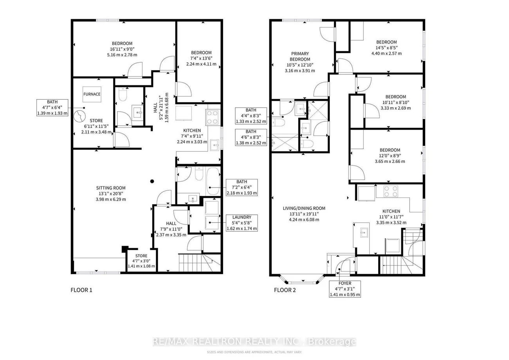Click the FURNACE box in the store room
click(x=92, y=94)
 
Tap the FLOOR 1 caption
click(x=81, y=290)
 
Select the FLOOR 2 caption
click(x=285, y=290)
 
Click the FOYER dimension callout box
click(x=345, y=289)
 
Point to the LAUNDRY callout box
click(x=242, y=223)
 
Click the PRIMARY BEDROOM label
click(x=300, y=56)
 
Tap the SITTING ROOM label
click(x=111, y=188)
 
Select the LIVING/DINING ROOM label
click(x=304, y=208)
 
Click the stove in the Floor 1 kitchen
click(x=213, y=117)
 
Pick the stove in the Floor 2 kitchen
click(x=391, y=191)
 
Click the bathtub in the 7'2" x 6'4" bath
click(x=213, y=181)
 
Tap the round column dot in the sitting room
click(x=152, y=181)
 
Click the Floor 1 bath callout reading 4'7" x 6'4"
click(x=52, y=108)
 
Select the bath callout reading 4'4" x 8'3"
click(x=251, y=116)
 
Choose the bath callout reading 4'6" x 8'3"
click(x=251, y=137)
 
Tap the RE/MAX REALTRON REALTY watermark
click(x=254, y=341)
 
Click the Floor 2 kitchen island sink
click(x=364, y=233)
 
